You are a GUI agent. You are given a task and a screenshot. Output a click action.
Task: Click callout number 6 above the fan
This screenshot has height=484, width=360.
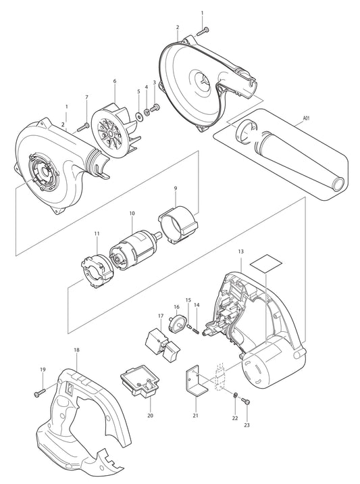click(114, 81)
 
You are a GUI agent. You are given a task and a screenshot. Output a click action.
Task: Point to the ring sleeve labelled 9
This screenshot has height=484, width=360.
click(178, 223)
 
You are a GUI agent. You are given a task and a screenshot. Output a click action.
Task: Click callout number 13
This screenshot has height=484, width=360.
click(241, 251)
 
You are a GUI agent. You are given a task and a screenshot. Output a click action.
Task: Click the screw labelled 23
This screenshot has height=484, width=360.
click(245, 401)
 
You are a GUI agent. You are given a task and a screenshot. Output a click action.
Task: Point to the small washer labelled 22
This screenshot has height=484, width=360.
click(234, 395)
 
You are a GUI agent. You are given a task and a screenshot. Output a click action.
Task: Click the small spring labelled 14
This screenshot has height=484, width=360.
click(193, 330)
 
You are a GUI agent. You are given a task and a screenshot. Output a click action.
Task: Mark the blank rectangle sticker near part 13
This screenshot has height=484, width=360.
click(263, 263)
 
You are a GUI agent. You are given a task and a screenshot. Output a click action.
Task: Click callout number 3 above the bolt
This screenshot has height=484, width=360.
click(154, 82)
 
